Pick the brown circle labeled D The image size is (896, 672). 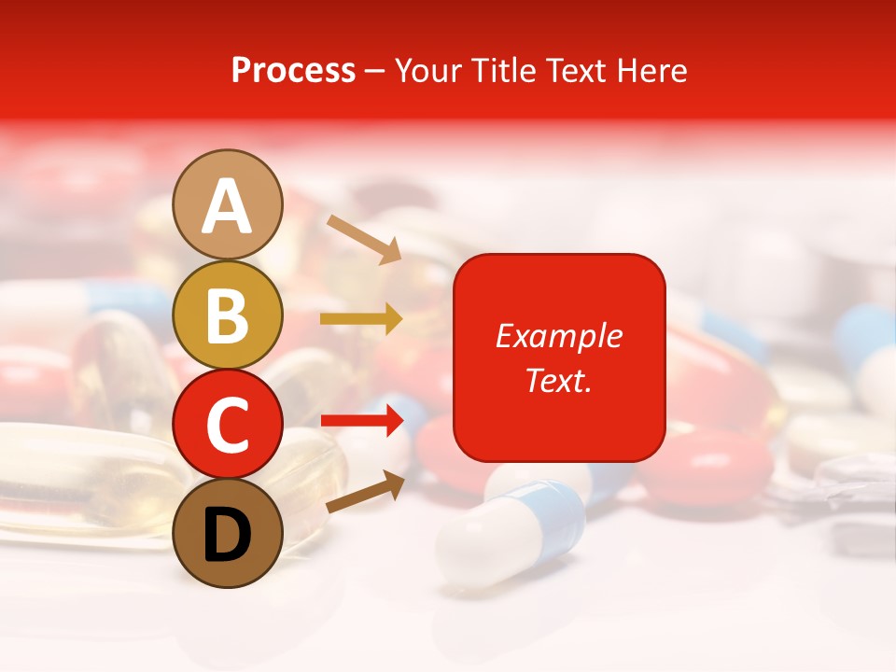click(228, 533)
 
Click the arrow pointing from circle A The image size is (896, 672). click(365, 239)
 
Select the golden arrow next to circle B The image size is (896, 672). click(361, 319)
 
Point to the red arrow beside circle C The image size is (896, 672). click(361, 421)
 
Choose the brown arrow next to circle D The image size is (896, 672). click(365, 492)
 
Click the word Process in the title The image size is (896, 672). click(293, 70)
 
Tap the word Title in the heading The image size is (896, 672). click(505, 70)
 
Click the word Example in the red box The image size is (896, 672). click(558, 336)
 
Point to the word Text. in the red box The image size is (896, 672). click(558, 380)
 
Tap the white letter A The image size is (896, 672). click(228, 205)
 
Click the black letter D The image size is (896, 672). click(228, 535)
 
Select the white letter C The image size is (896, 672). click(228, 426)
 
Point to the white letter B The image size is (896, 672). click(228, 315)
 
